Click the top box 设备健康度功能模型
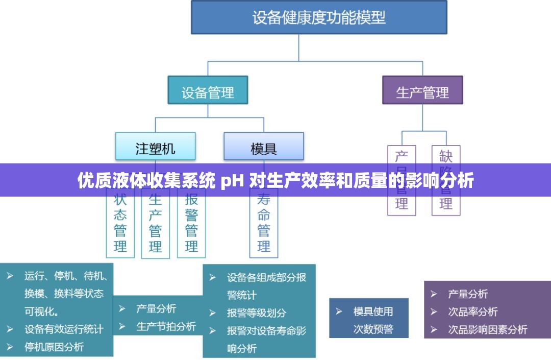coord(319,18)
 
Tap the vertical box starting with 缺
coord(446,204)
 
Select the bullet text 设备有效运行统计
coord(64,329)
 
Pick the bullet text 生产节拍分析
coord(166,326)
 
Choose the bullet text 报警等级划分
coord(257,313)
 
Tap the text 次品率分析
coord(472,311)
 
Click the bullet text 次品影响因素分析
coord(487,329)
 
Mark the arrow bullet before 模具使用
coord(339,311)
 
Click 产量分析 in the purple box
coord(468,294)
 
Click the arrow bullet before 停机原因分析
coord(10,347)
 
